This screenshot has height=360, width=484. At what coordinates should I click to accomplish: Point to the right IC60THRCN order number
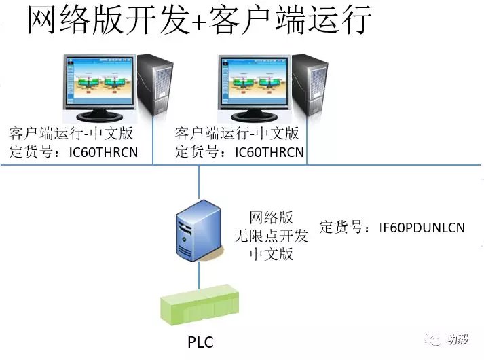coord(269,151)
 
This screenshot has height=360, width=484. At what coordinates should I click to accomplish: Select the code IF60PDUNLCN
coord(422,228)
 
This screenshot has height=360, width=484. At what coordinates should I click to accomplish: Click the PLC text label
coord(200,342)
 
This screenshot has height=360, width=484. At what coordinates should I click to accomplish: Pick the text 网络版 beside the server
coord(272,217)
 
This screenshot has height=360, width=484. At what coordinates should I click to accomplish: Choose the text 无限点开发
coord(272,236)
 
